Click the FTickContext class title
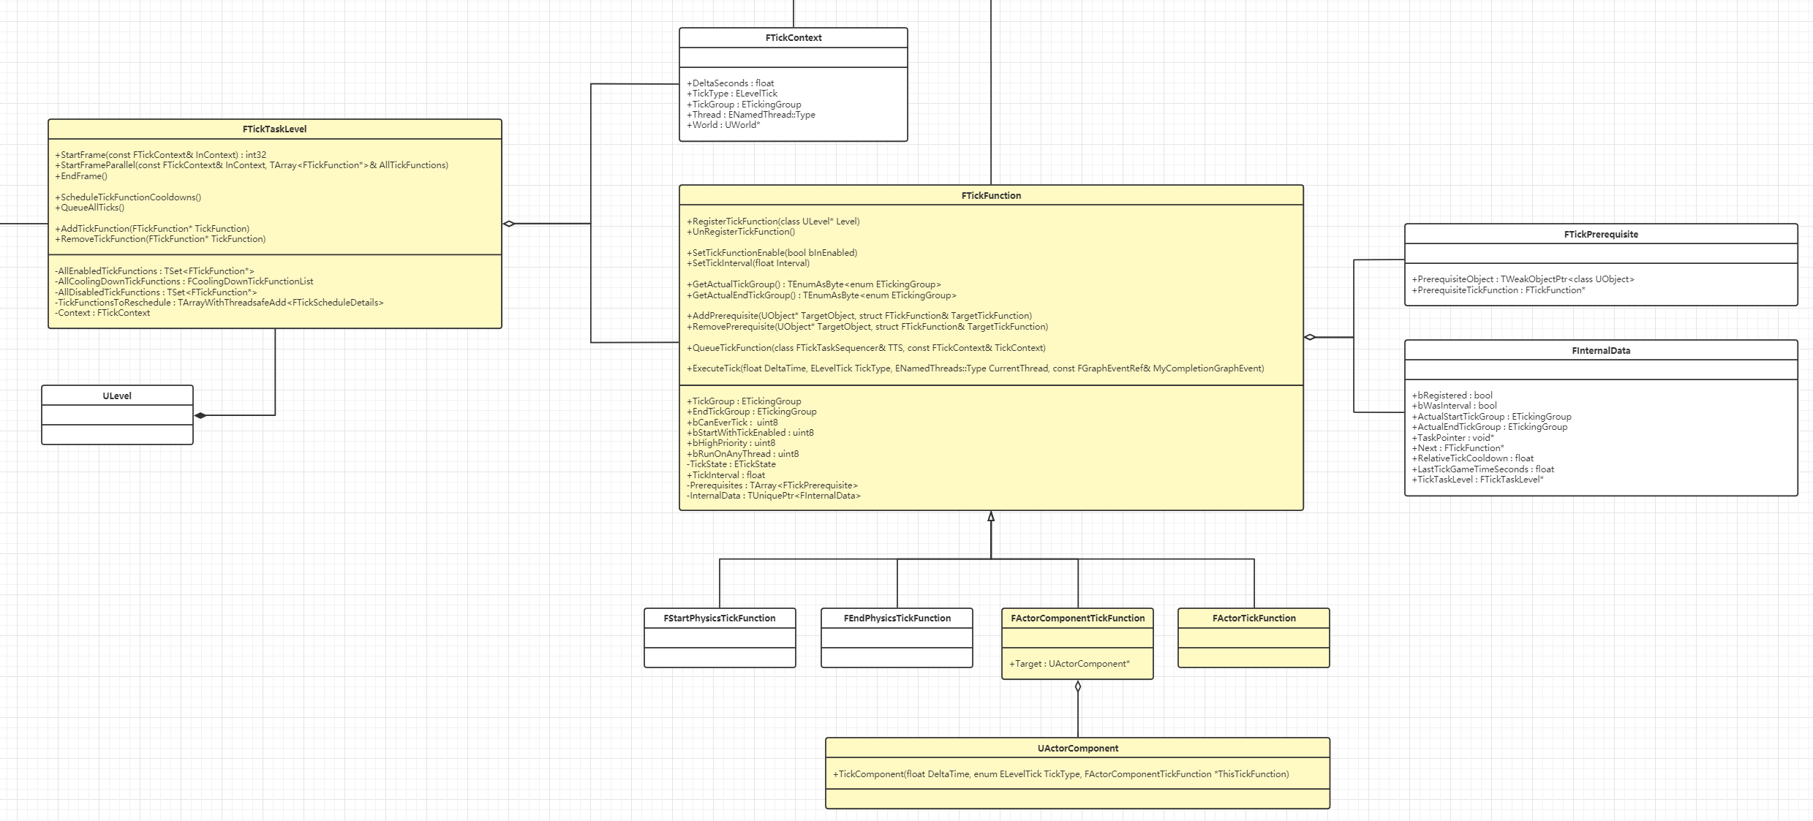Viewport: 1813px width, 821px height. pos(793,38)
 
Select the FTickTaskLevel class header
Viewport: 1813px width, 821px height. pos(274,129)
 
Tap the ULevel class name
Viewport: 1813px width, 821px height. pos(117,396)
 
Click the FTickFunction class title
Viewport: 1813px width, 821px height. pos(990,196)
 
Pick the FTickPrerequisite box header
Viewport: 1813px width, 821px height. pos(1600,235)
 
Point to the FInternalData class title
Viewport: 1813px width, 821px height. pos(1600,351)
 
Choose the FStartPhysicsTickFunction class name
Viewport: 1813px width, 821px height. pos(719,618)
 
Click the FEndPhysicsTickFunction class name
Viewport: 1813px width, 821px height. pos(897,618)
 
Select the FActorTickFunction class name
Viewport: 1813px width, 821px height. pos(1254,618)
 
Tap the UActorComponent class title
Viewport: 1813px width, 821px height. pos(1077,749)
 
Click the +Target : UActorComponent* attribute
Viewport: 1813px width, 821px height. pos(1069,664)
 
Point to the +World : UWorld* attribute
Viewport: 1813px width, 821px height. pos(723,125)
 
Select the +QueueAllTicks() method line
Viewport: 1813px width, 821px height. pos(90,208)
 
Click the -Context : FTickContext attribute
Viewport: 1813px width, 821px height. pos(102,313)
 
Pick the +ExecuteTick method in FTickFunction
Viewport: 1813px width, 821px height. pos(975,368)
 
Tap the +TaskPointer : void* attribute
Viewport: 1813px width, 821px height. pos(1452,438)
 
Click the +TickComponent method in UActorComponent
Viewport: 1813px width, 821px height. pos(1060,774)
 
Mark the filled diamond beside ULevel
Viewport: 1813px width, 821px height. pos(200,415)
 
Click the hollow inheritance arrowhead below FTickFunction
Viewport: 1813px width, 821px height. pos(991,517)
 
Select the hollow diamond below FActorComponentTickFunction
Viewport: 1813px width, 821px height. pos(1077,686)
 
